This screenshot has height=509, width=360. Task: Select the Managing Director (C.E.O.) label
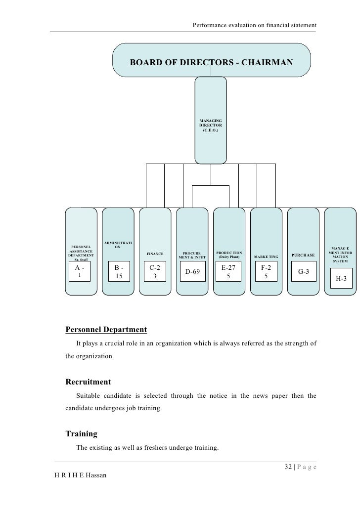(x=211, y=128)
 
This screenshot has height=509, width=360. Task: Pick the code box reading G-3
(x=304, y=272)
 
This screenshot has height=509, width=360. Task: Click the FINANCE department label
(x=155, y=254)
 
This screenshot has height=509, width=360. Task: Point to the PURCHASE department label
(x=303, y=255)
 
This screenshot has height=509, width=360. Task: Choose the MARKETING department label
(x=266, y=257)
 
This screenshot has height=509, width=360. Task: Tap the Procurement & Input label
(x=192, y=255)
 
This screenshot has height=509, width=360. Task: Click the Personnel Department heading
(x=106, y=329)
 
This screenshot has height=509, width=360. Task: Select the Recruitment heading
(x=88, y=382)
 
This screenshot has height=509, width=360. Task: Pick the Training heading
(x=81, y=434)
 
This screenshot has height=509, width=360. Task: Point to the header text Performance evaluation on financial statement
(x=254, y=25)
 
